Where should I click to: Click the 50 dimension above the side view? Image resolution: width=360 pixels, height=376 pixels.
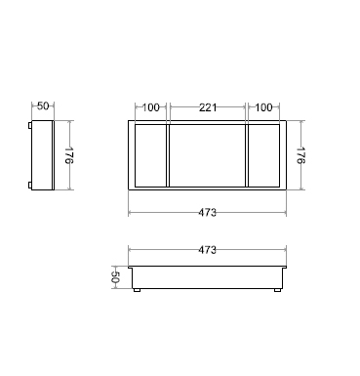43,106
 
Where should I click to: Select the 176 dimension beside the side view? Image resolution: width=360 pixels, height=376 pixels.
69,155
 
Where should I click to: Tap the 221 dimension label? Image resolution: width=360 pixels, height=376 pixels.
208,107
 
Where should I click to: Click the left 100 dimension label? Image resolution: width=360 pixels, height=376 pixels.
151,107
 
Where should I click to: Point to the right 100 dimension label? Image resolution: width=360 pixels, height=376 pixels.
263,107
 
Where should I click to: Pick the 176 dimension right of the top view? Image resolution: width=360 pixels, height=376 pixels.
300,155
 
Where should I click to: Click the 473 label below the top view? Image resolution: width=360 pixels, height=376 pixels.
207,213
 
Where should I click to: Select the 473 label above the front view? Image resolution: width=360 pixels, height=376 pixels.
207,250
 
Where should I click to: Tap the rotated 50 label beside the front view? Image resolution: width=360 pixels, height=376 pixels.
115,277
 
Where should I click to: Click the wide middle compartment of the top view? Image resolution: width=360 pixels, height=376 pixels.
208,155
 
